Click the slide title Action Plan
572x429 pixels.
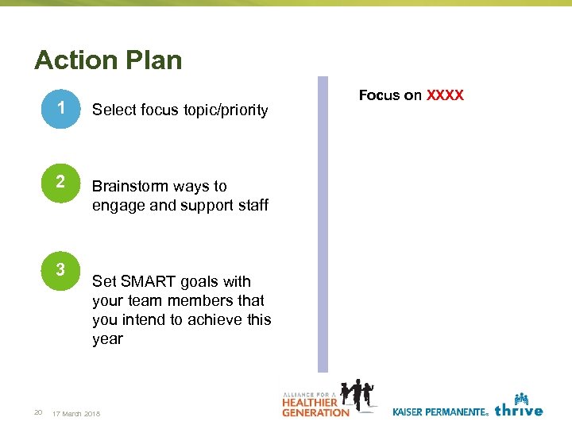click(x=108, y=60)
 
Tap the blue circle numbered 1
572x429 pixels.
click(x=60, y=110)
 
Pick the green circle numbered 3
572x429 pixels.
click(x=60, y=271)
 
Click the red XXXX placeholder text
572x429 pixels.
click(x=445, y=95)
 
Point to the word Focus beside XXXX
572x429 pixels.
click(x=380, y=95)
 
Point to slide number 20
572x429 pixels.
click(x=37, y=412)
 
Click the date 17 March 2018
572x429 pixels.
click(x=75, y=413)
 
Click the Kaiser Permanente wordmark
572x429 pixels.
click(x=439, y=412)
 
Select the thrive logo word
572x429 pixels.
click(x=518, y=410)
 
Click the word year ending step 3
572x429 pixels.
click(x=108, y=339)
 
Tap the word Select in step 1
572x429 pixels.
click(x=114, y=110)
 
